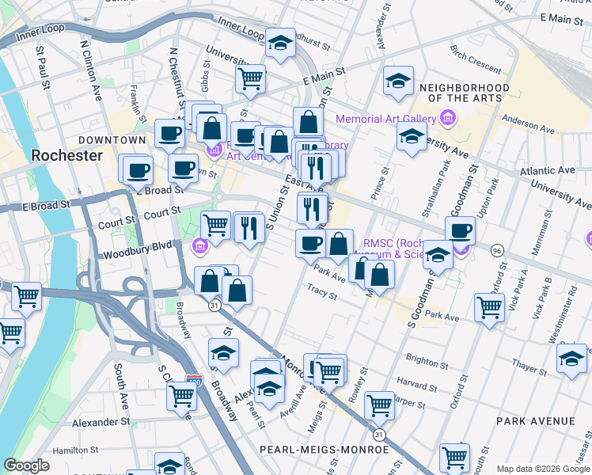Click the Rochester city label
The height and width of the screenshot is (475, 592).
coord(67,155)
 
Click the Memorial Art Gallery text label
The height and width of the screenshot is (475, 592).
coord(386,120)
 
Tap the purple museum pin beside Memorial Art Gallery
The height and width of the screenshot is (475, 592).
coord(448,120)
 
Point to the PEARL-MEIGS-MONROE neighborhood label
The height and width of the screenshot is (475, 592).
coord(324,449)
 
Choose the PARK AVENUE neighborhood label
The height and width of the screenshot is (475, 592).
coord(536,420)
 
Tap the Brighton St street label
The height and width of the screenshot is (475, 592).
coord(426,362)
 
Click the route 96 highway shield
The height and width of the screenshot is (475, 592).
coord(497,249)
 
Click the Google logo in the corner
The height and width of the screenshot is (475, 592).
coord(27,465)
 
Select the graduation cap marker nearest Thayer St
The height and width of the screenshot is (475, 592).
coord(571,359)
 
